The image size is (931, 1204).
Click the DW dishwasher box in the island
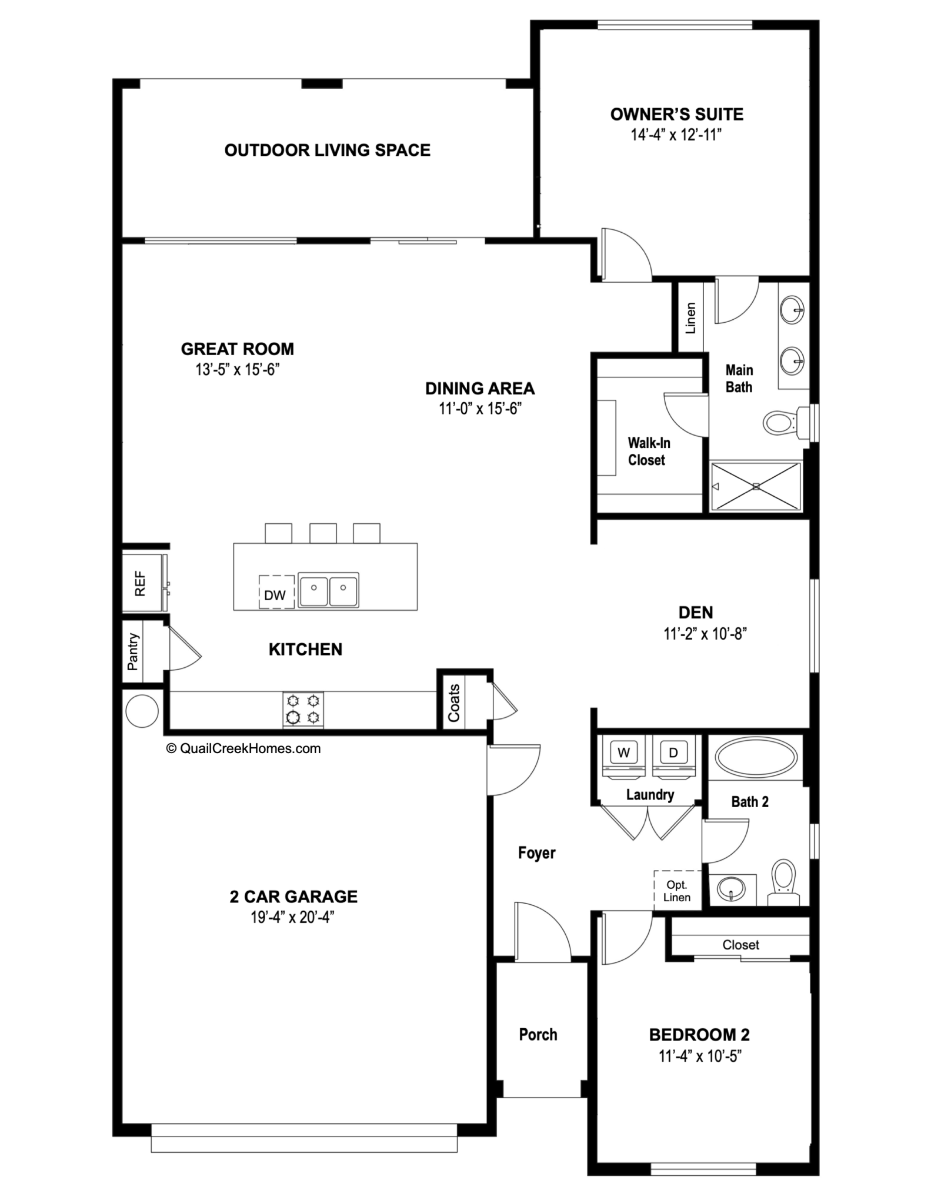[276, 593]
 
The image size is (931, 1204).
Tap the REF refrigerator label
[140, 583]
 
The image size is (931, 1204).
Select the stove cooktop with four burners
[303, 710]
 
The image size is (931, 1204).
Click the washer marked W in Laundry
[624, 752]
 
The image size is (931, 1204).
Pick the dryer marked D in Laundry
[673, 752]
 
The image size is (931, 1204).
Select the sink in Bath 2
[732, 888]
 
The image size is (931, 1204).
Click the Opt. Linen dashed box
[677, 890]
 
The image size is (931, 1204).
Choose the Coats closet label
[454, 703]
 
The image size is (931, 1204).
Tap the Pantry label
[134, 651]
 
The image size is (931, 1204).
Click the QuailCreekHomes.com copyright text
[244, 748]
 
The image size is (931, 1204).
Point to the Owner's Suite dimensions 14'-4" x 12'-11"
[676, 135]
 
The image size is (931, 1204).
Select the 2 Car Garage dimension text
[292, 917]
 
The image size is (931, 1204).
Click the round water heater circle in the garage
[142, 711]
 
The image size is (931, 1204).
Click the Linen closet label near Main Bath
[691, 318]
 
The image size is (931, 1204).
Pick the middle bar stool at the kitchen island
[323, 533]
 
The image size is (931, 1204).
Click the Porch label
[538, 1034]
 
